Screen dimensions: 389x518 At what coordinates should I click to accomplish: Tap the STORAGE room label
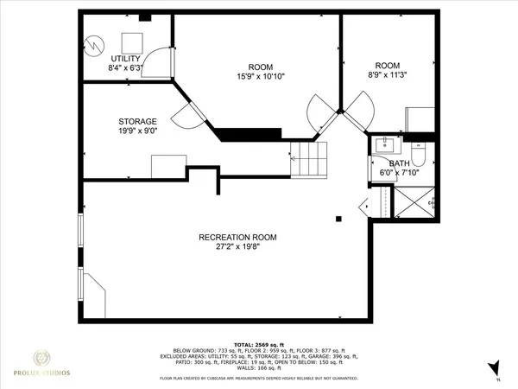click(x=137, y=121)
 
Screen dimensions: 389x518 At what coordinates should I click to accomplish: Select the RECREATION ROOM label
click(x=238, y=237)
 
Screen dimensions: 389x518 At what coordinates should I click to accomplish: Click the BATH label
click(x=399, y=163)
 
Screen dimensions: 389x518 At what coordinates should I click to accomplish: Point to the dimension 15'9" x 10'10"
click(x=261, y=76)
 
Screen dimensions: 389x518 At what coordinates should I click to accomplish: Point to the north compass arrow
click(x=494, y=367)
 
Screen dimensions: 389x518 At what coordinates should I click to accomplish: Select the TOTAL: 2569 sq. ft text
click(x=259, y=343)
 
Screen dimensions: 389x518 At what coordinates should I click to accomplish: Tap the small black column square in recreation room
click(x=339, y=218)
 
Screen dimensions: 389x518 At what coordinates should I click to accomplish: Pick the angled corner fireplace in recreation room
click(x=92, y=291)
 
